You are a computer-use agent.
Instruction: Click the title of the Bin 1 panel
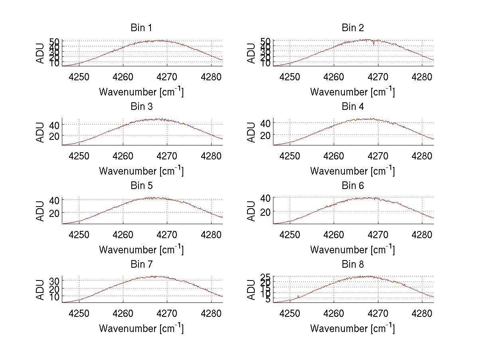coord(141,28)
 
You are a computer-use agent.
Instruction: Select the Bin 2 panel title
coord(352,28)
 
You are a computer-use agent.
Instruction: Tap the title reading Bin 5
coord(141,186)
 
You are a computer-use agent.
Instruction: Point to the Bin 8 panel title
coord(352,265)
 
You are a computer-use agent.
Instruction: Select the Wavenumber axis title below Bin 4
coord(352,171)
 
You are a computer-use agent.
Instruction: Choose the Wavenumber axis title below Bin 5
coord(141,250)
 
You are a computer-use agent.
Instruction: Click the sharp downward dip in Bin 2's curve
coord(374,44)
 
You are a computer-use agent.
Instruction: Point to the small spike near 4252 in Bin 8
coord(298,296)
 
